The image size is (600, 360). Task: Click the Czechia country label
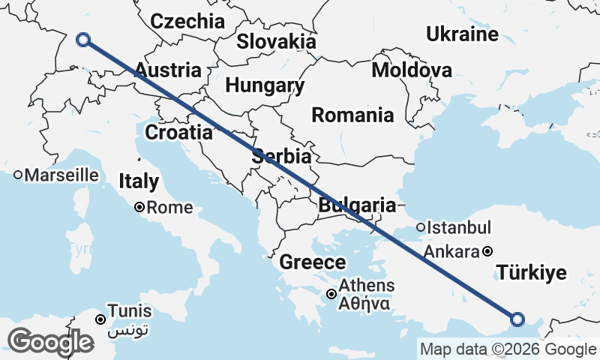[x=187, y=21]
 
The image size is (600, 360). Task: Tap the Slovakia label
[x=276, y=40]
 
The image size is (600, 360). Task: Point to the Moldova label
[x=412, y=70]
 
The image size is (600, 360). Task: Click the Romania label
[x=352, y=115]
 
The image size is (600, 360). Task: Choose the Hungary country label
[x=265, y=85]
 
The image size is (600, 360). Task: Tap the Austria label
[x=168, y=70]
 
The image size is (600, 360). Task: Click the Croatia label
[x=178, y=133]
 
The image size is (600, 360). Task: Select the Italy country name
[x=139, y=181]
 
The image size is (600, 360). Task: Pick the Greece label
[x=313, y=262]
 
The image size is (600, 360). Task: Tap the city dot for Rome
[x=139, y=208]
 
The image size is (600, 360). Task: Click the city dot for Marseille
[x=18, y=175]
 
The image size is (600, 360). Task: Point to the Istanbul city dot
[x=421, y=227]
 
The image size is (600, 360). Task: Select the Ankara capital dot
[x=487, y=251]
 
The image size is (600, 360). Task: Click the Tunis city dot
[x=100, y=320]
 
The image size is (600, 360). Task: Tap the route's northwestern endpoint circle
[x=83, y=40]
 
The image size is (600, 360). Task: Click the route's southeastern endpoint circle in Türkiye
[x=517, y=320]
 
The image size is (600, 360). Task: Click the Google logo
[x=50, y=341]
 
